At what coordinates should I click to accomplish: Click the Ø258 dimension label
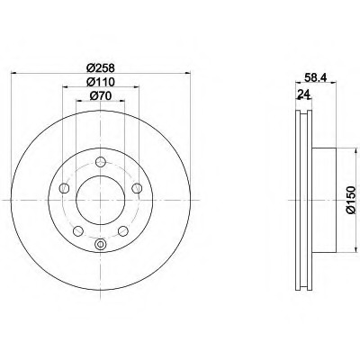click(x=101, y=68)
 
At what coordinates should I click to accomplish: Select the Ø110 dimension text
click(x=101, y=82)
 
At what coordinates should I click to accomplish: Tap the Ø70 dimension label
click(x=101, y=95)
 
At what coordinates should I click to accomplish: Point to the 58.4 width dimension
click(x=316, y=78)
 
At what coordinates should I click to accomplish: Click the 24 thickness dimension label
click(x=303, y=94)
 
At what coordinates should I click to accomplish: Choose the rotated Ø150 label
click(x=350, y=200)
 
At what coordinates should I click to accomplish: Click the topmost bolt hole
click(x=101, y=162)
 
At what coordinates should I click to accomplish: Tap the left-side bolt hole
click(x=65, y=188)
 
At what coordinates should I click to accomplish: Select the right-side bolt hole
click(x=137, y=188)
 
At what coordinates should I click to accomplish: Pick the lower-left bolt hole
click(x=78, y=230)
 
